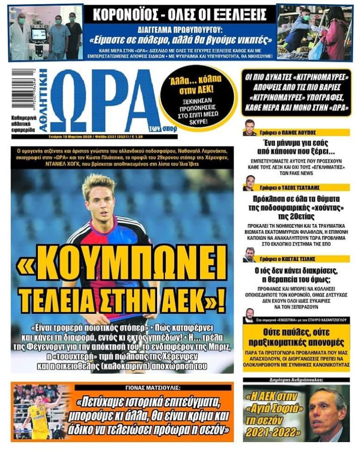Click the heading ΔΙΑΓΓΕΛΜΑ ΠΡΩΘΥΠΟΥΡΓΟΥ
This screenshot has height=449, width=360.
pyautogui.click(x=180, y=28)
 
